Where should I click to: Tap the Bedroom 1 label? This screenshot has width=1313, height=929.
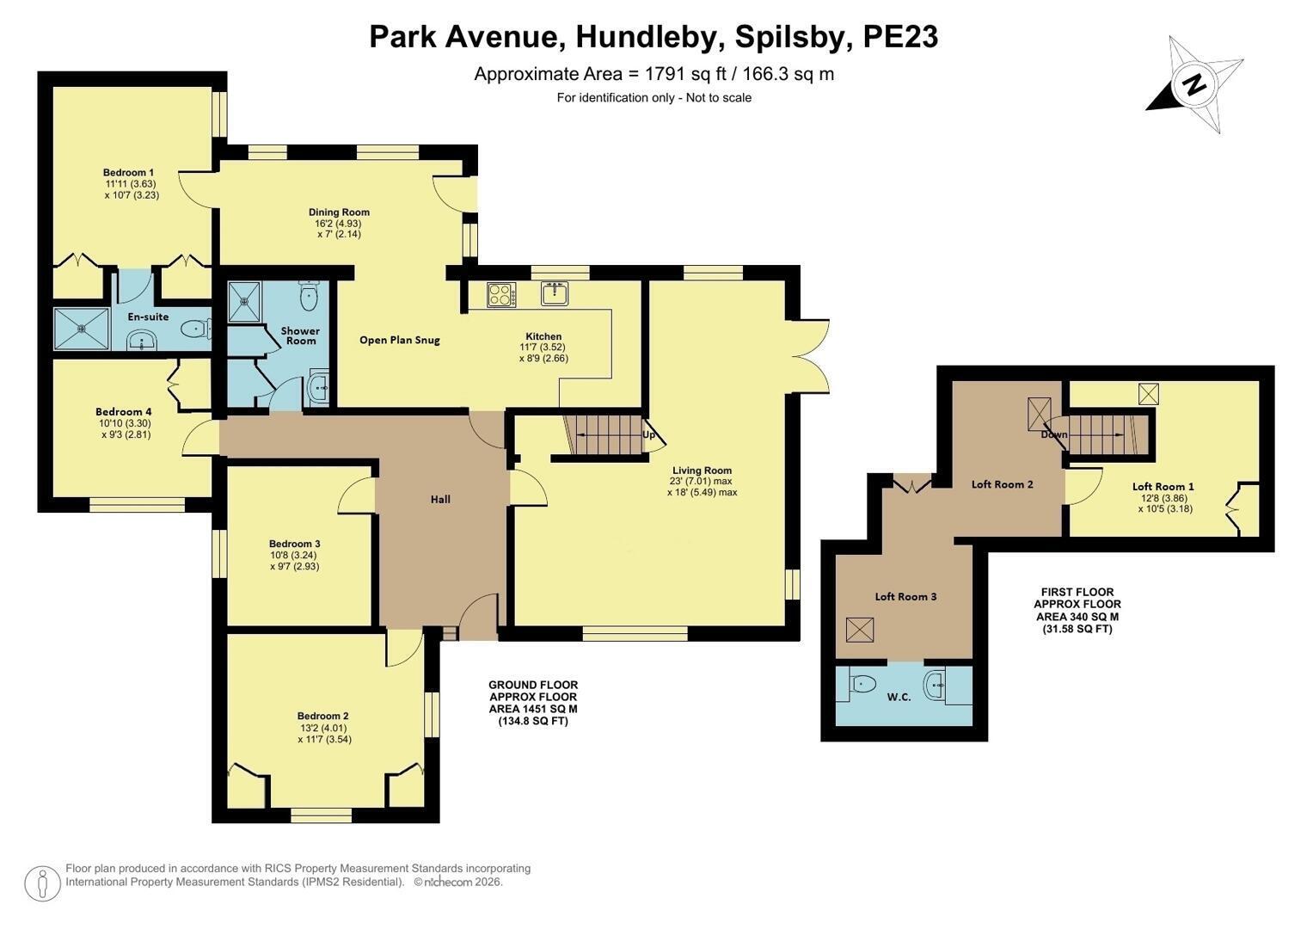pyautogui.click(x=128, y=172)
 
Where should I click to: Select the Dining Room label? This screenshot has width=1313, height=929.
pyautogui.click(x=340, y=212)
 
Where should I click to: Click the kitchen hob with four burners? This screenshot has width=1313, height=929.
pyautogui.click(x=502, y=294)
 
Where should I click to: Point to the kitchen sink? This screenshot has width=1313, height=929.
pyautogui.click(x=555, y=293)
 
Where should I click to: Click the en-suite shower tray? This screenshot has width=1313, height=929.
pyautogui.click(x=82, y=329)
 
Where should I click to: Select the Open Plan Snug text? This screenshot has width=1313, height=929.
pyautogui.click(x=399, y=340)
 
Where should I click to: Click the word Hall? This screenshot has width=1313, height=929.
pyautogui.click(x=440, y=499)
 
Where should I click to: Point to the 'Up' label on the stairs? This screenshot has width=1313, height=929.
pyautogui.click(x=649, y=435)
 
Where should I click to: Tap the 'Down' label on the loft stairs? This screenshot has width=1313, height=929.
pyautogui.click(x=1054, y=434)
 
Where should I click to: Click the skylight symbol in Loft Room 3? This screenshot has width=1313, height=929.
pyautogui.click(x=860, y=631)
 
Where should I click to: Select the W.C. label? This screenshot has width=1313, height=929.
pyautogui.click(x=899, y=698)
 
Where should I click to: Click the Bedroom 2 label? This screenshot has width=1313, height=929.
pyautogui.click(x=323, y=716)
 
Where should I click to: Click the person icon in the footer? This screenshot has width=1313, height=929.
pyautogui.click(x=42, y=883)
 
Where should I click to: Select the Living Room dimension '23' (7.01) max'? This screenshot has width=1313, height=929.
pyautogui.click(x=701, y=481)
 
